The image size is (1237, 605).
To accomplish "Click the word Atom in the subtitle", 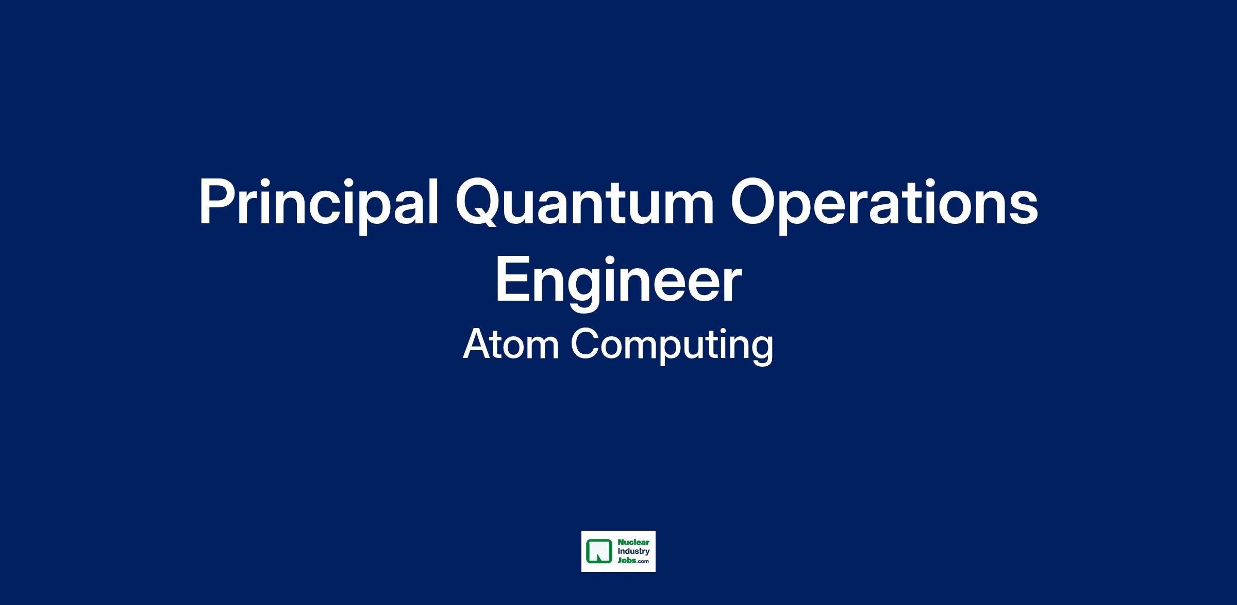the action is click(511, 345).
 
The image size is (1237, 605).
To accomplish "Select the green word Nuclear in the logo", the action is click(633, 543).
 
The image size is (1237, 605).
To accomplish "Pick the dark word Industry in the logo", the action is click(633, 552).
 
